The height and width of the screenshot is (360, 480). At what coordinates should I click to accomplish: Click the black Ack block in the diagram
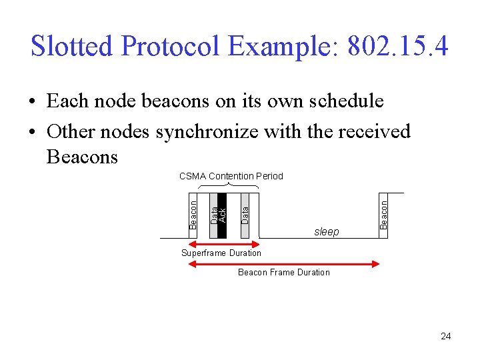223,215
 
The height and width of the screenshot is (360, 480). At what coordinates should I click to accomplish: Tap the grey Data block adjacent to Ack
213,215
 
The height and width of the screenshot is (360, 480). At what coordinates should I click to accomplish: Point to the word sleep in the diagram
326,231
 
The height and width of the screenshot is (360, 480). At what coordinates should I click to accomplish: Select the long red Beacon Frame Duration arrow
284,264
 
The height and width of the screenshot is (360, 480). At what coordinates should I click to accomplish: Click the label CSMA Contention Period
231,176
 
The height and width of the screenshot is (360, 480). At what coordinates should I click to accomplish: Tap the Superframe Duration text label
221,253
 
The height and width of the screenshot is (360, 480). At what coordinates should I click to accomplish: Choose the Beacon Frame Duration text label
284,272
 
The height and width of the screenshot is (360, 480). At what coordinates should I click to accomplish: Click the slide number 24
445,336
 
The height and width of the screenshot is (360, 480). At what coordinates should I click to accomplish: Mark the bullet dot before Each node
33,102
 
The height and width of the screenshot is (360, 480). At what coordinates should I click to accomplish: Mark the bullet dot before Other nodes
33,132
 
